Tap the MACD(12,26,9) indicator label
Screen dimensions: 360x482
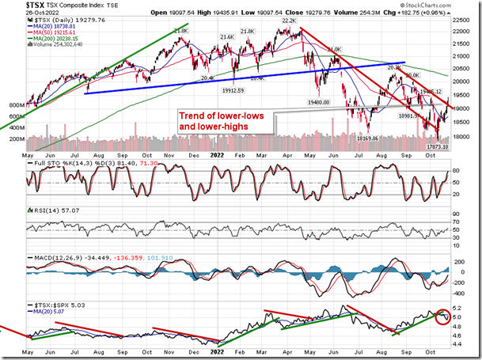[55, 258]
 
